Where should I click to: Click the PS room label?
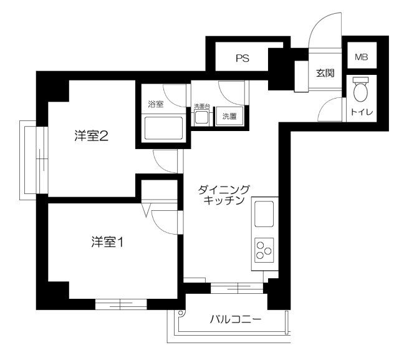(243, 59)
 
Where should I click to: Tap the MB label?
(362, 57)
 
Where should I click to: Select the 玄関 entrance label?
(325, 73)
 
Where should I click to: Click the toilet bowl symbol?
(360, 92)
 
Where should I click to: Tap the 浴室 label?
(156, 104)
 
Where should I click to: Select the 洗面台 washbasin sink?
(203, 117)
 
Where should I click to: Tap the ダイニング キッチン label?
(223, 195)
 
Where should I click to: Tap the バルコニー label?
(234, 319)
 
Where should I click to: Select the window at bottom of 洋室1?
(121, 304)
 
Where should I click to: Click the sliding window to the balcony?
(238, 288)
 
